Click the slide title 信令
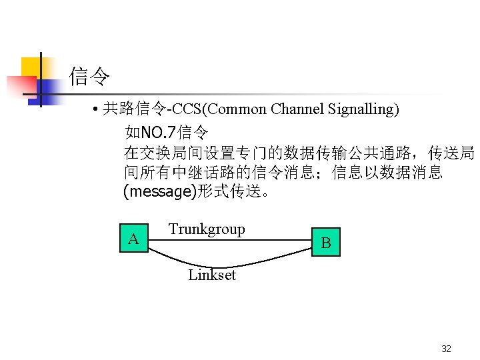[x=90, y=77]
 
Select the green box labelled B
[x=326, y=243]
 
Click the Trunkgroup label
[x=207, y=229]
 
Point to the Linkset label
[x=212, y=275]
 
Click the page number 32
[x=447, y=349]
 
